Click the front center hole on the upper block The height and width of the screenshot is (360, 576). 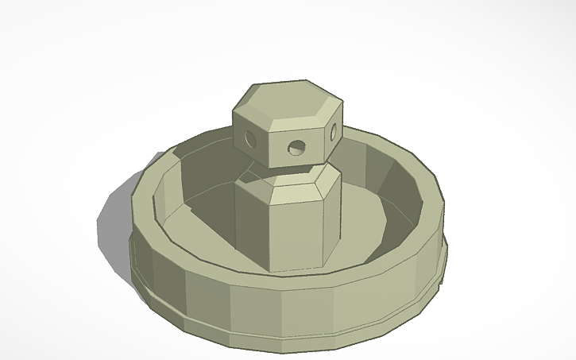coord(296,147)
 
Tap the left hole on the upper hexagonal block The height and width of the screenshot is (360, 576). coord(250,139)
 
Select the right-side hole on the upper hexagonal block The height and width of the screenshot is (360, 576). coord(334,133)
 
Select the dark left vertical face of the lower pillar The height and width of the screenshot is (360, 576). coord(253,223)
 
